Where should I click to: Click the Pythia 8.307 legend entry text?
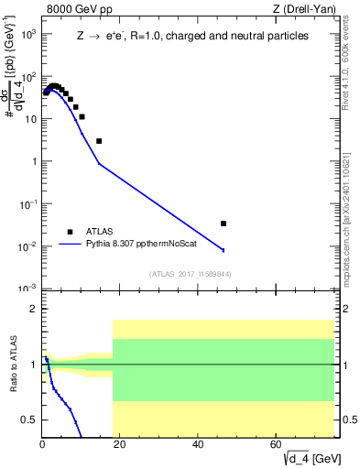tap(144, 245)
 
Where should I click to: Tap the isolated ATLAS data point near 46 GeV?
tap(224, 223)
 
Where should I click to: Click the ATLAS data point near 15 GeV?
tap(99, 141)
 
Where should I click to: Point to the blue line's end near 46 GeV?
tap(223, 250)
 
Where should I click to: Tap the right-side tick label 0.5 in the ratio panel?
tap(348, 420)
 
